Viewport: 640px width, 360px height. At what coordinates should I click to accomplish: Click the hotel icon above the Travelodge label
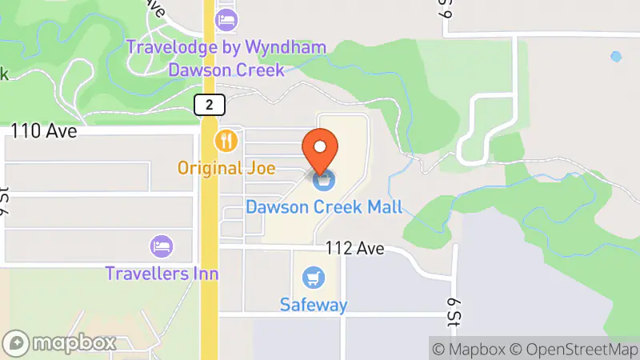[x=227, y=18]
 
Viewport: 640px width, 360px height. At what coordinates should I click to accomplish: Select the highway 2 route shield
[x=209, y=104]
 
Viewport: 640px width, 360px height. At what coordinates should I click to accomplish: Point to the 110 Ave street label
[x=44, y=131]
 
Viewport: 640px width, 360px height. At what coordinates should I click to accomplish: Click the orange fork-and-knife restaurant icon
[x=227, y=142]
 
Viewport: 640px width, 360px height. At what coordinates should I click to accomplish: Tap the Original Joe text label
[x=226, y=168]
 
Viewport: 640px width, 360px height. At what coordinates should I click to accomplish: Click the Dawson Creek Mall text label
[x=324, y=207]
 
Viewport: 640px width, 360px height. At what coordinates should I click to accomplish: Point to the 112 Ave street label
[x=354, y=249]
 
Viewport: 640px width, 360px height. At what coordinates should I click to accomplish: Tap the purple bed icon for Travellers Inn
[x=162, y=244]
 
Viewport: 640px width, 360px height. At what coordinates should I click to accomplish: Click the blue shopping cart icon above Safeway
[x=314, y=278]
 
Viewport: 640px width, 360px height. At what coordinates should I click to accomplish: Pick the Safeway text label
[x=314, y=305]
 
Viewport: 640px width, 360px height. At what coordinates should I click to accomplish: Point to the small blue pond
[x=615, y=57]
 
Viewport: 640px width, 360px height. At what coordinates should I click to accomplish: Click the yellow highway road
[x=209, y=240]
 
